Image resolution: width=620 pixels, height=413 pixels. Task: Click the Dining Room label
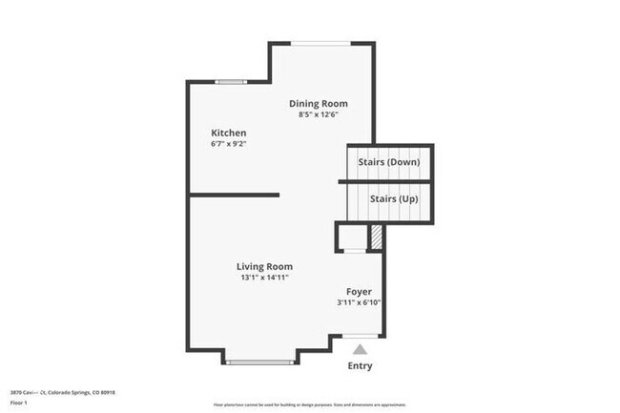click(319, 103)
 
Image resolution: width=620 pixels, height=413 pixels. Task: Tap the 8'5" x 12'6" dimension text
click(319, 114)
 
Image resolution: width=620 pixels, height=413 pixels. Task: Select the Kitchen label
click(229, 133)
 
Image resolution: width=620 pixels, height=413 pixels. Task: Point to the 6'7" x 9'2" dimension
click(229, 144)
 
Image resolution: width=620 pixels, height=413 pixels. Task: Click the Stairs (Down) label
click(388, 162)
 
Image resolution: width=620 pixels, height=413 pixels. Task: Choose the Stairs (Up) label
click(388, 198)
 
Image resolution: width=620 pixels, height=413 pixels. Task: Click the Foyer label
click(359, 292)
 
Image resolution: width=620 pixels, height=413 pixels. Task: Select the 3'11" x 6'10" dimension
click(359, 303)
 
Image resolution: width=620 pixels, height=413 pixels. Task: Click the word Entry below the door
click(360, 366)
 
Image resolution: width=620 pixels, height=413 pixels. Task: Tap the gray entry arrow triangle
click(360, 350)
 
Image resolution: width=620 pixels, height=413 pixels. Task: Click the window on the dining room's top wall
click(320, 43)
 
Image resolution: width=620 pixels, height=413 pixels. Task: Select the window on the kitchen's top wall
click(230, 82)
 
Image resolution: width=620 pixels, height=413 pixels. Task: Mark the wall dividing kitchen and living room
click(234, 195)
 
